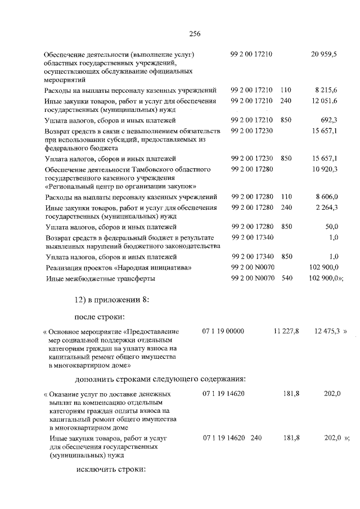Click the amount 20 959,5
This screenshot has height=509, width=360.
click(x=323, y=54)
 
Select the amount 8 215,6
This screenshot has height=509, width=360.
click(x=326, y=90)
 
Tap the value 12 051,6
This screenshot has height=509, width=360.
click(x=324, y=101)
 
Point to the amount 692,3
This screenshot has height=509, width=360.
click(x=328, y=120)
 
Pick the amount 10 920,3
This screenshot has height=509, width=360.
click(x=324, y=169)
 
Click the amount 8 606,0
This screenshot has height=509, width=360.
click(x=326, y=197)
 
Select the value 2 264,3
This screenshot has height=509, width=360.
click(x=326, y=208)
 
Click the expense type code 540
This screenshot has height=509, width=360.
click(x=286, y=278)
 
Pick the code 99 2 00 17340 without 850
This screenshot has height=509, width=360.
click(x=252, y=237)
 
